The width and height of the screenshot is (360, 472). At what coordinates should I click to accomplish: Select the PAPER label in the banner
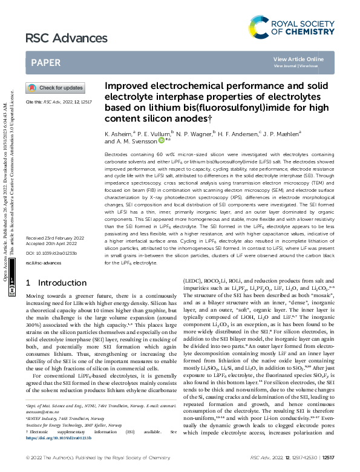click(x=45, y=62)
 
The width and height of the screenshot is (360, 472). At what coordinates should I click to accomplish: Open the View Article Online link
click(x=298, y=59)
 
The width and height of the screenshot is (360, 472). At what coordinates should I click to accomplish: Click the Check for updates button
click(x=55, y=88)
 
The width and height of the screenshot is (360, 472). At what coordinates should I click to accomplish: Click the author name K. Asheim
click(x=119, y=131)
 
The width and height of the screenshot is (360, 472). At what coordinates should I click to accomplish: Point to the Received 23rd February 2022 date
click(x=55, y=238)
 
